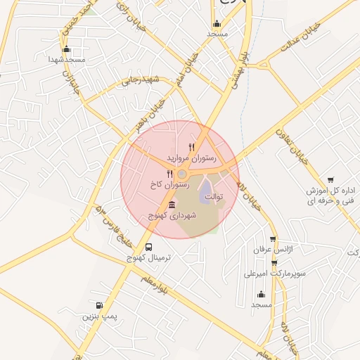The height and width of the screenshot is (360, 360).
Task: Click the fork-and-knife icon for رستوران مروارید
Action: tap(191, 147)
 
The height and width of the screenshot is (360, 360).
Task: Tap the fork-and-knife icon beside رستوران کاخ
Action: tap(169, 173)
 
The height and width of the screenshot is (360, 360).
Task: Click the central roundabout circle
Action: tap(182, 174)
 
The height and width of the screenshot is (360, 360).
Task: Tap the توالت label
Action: tap(213, 198)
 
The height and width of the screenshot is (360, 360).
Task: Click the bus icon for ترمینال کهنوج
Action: tap(148, 247)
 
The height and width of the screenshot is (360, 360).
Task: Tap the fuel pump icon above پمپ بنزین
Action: tap(99, 306)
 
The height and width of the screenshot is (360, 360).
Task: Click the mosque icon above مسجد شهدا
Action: tap(67, 49)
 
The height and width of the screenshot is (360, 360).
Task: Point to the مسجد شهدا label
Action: tap(63, 60)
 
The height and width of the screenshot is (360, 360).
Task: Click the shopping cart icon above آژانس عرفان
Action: tap(274, 239)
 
